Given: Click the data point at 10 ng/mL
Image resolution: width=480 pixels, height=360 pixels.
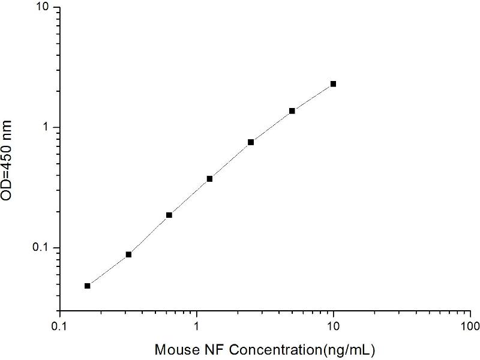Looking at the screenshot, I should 333,84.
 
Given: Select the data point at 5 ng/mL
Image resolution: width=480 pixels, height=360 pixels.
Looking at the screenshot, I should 292,111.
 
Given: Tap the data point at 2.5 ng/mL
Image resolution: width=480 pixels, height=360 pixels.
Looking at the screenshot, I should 251,142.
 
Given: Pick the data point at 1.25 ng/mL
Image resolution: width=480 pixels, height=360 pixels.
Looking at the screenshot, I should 210,179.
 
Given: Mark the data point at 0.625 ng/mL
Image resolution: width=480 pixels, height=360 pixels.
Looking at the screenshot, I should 169,215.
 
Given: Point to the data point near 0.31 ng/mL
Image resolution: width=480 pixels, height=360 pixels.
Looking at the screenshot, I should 128,254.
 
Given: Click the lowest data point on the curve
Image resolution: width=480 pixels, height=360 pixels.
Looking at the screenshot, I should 88,286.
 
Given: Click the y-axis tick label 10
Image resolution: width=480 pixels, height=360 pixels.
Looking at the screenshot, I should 45,7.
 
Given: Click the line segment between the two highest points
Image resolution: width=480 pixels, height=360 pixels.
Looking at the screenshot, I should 313,97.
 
